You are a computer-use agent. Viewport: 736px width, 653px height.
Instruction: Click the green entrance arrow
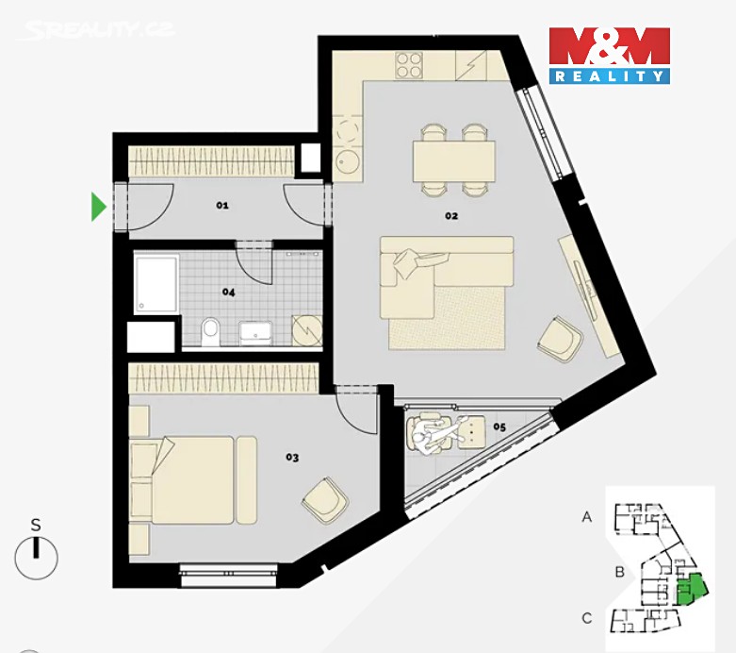coord(98,207)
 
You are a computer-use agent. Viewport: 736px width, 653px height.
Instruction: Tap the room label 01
coord(222,205)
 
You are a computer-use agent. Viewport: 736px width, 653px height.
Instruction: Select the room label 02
coord(451,216)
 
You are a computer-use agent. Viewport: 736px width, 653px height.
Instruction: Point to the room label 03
coord(292,457)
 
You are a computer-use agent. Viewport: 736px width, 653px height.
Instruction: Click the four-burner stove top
coord(409,65)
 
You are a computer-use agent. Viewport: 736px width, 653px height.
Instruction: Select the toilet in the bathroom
coord(210,332)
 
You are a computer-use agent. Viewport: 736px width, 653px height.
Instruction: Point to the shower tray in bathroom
coord(155,284)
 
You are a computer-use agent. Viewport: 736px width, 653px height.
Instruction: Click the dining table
coord(454,161)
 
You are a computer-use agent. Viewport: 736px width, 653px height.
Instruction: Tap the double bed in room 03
coord(192,480)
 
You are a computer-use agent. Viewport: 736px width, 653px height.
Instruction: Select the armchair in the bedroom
coord(325,501)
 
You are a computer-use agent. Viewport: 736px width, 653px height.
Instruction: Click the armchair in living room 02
coord(561,339)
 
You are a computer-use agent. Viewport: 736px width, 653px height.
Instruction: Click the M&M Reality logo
coord(610,56)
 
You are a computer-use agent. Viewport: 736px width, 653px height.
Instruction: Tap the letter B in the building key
coord(619,572)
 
